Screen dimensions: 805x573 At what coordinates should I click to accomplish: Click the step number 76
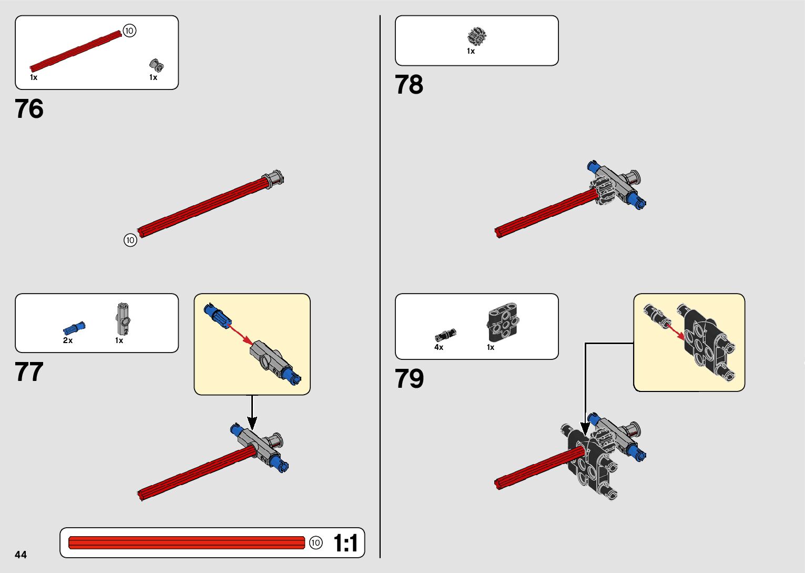[29, 109]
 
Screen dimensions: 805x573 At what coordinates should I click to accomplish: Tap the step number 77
[29, 372]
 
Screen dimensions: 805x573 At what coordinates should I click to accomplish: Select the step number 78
[409, 85]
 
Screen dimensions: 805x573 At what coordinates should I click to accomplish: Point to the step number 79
[409, 379]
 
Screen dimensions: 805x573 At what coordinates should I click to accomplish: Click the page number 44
[21, 555]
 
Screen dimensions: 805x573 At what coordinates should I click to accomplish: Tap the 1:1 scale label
[345, 543]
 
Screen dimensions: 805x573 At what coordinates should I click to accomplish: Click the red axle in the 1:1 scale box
[187, 542]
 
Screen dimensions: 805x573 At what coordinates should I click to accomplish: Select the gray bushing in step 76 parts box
[156, 65]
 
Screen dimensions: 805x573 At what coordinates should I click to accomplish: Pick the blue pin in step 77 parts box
[74, 328]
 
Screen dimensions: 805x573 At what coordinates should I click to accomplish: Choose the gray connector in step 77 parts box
[123, 319]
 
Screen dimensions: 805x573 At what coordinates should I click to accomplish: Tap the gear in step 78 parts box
[477, 37]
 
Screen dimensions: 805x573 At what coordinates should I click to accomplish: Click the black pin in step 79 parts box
[445, 335]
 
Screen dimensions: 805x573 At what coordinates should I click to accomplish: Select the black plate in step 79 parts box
[504, 323]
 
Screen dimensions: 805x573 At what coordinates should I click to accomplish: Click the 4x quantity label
[439, 347]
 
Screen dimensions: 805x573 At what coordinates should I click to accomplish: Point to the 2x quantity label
[68, 340]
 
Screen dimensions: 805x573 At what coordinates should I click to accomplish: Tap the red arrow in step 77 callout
[241, 334]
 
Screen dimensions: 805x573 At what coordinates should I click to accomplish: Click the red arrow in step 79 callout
[675, 330]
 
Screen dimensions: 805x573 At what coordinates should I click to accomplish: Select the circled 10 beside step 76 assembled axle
[130, 240]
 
